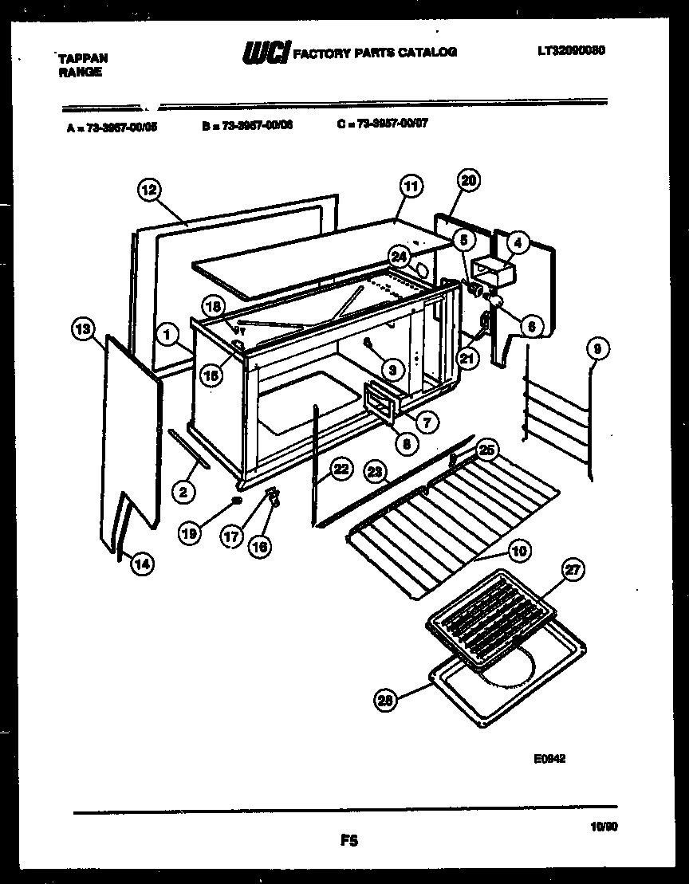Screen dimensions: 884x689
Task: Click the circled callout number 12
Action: click(148, 190)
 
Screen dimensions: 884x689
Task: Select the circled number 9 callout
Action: click(596, 347)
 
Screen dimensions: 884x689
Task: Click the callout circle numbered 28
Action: click(385, 700)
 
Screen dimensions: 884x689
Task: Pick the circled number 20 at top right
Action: click(468, 181)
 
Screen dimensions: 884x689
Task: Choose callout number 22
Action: click(341, 470)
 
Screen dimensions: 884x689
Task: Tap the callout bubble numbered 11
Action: click(408, 187)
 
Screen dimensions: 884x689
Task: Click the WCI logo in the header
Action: click(266, 53)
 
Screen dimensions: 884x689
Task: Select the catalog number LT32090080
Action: click(571, 49)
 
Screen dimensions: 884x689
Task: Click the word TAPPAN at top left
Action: click(83, 58)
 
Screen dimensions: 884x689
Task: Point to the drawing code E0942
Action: click(550, 760)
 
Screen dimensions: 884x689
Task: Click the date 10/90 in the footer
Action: click(605, 827)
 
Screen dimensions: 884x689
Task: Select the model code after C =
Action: click(392, 124)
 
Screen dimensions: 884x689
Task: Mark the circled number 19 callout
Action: click(190, 536)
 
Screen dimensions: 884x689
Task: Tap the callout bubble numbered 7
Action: click(426, 422)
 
